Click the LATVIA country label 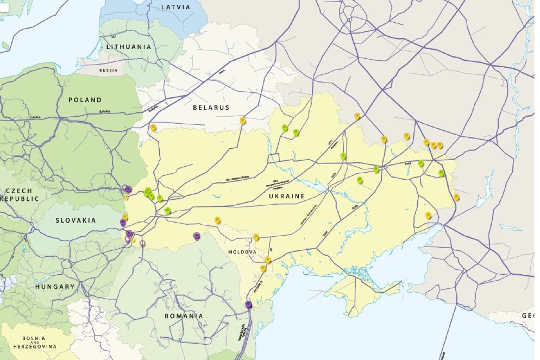[177, 7]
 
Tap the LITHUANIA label [129, 47]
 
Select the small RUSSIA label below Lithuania [108, 71]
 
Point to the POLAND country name [85, 100]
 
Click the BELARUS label [211, 108]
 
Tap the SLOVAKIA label [76, 220]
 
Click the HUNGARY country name [55, 287]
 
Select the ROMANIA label [184, 316]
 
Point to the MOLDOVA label [242, 252]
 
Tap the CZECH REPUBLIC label [20, 195]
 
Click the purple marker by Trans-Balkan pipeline [249, 305]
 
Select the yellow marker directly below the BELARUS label [243, 121]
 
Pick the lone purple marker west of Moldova [197, 236]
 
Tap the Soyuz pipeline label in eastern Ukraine [408, 162]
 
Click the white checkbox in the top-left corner [4, 7]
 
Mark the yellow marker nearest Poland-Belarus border [153, 128]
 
